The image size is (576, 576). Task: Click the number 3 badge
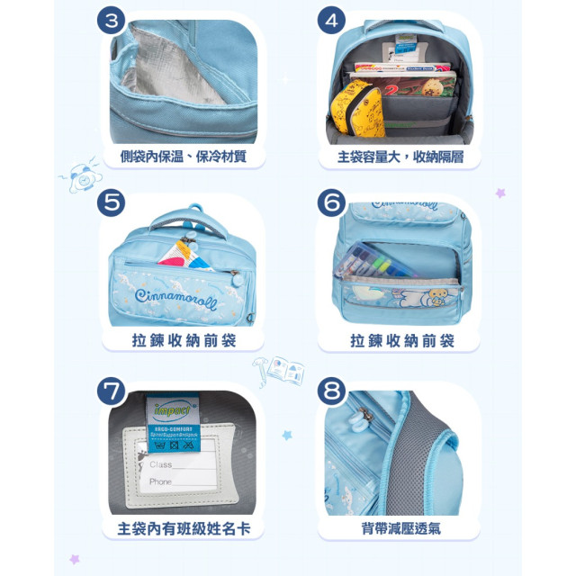coord(112,20)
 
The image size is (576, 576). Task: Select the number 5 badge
coord(112,203)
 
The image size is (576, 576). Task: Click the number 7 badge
coord(112,391)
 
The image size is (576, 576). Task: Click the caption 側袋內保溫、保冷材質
coord(183,157)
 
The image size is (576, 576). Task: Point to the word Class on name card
coord(161,464)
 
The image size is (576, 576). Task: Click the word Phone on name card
coord(162,481)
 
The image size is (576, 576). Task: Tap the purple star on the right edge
coord(500,193)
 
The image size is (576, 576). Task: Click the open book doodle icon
coord(287,369)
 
